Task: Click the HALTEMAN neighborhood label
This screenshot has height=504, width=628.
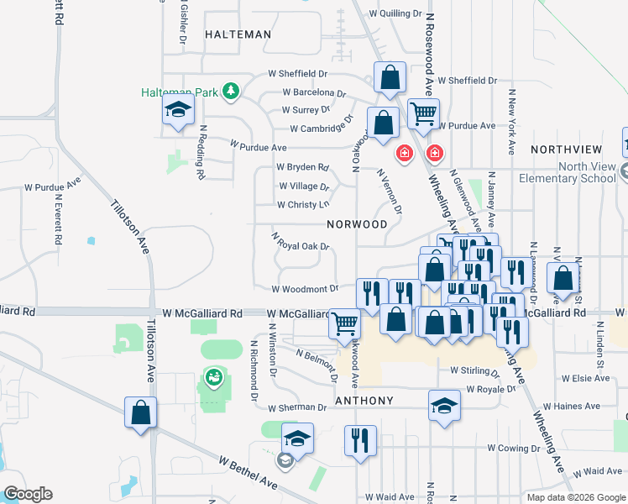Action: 238,34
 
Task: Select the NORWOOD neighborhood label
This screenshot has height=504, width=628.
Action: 358,224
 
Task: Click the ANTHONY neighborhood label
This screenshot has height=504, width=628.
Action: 364,401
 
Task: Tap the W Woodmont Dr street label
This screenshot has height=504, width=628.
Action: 305,288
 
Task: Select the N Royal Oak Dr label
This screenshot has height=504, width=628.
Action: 300,242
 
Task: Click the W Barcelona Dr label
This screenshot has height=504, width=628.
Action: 314,92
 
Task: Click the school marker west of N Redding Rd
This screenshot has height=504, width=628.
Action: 178,111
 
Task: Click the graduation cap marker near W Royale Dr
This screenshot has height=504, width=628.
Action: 445,405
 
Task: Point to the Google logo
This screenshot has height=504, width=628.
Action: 28,493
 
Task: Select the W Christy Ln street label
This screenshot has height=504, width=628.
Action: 303,205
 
